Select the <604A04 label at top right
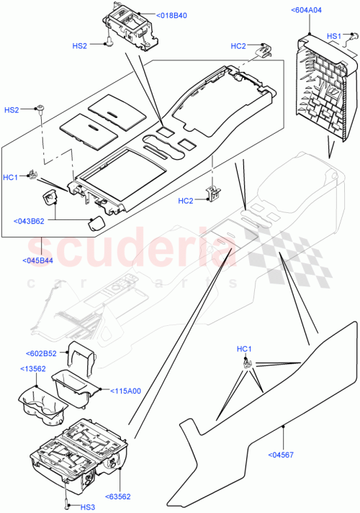pyautogui.click(x=307, y=10)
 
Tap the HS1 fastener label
pyautogui.click(x=334, y=35)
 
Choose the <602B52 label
pyautogui.click(x=41, y=353)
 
